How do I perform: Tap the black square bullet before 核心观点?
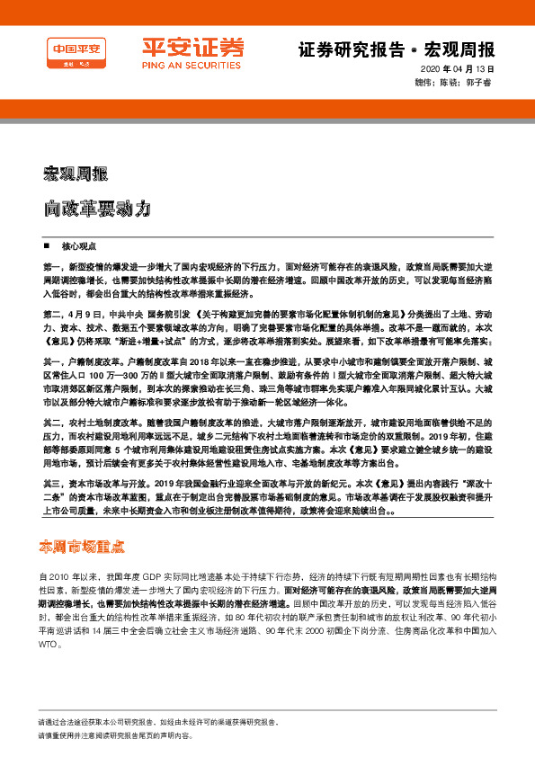pyautogui.click(x=47, y=245)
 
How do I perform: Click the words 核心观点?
pyautogui.click(x=78, y=245)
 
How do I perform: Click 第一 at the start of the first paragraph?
pyautogui.click(x=52, y=268)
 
